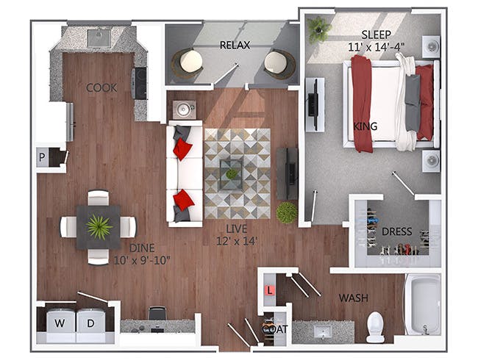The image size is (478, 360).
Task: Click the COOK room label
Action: pyautogui.click(x=101, y=87)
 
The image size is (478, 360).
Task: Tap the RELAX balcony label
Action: pyautogui.click(x=235, y=45)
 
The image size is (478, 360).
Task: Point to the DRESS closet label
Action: pyautogui.click(x=396, y=231)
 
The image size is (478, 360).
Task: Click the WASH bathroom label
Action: pyautogui.click(x=354, y=298)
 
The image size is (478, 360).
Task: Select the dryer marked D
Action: pyautogui.click(x=90, y=324)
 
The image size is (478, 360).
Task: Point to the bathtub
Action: pyautogui.click(x=423, y=303)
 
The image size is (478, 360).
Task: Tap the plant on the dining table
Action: pyautogui.click(x=99, y=226)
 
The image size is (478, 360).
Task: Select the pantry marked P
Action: pyautogui.click(x=42, y=157)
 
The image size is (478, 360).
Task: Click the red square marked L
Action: pyautogui.click(x=270, y=291)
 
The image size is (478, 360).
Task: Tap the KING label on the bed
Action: pyautogui.click(x=366, y=126)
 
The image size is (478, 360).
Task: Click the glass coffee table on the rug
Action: pyautogui.click(x=232, y=173)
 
